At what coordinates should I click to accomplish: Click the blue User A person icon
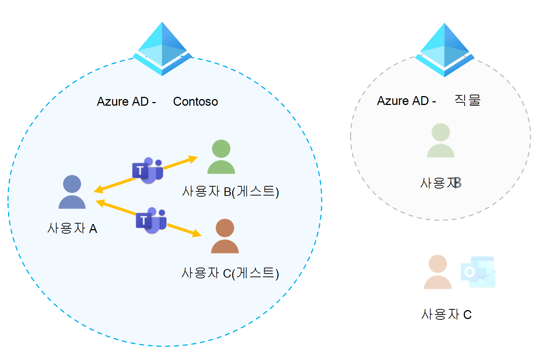(72, 192)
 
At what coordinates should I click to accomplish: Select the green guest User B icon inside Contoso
(221, 157)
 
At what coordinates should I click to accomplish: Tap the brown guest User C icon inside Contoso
(225, 236)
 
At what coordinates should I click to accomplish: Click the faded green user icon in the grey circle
(441, 140)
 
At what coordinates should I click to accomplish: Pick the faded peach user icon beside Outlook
(438, 272)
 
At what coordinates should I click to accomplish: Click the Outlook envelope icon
(478, 272)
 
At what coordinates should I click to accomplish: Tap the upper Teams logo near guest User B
(148, 170)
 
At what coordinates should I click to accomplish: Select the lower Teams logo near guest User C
(151, 220)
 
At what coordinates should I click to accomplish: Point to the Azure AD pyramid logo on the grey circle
(445, 50)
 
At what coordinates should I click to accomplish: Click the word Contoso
(196, 102)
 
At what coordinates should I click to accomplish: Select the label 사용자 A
(72, 228)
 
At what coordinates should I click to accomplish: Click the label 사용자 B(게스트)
(230, 191)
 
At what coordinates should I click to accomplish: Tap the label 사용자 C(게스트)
(230, 273)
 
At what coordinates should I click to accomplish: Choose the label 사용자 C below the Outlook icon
(446, 315)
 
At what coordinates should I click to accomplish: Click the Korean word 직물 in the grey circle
(467, 100)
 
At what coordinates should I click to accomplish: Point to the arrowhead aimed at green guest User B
(193, 159)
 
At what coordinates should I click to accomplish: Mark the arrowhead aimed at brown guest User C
(197, 234)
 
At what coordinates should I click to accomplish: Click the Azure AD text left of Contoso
(126, 102)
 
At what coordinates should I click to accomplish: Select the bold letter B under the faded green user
(458, 183)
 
